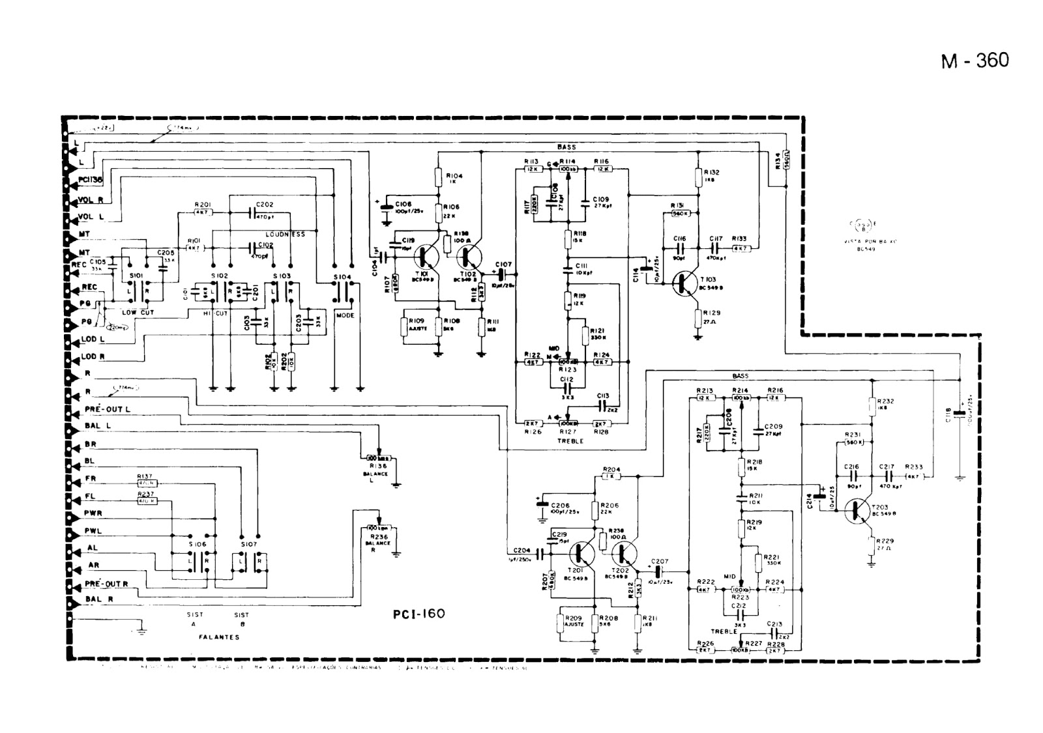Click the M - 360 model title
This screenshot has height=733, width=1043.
975,61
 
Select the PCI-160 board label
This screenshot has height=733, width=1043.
419,614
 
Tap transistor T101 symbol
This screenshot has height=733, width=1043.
427,258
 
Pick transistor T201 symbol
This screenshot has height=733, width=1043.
581,554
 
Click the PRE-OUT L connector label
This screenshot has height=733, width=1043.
107,409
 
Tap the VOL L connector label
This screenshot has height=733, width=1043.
91,217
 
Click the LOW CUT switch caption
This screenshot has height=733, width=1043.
138,313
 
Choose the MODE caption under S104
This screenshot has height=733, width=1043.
345,315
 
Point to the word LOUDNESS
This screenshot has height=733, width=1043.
285,233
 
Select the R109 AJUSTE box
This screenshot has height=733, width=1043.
416,325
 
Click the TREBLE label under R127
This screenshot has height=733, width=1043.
570,441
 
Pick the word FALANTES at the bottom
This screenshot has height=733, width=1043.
218,637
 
